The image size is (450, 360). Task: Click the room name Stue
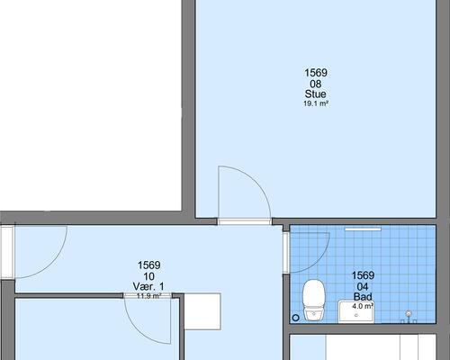315,94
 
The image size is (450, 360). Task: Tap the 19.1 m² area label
316,103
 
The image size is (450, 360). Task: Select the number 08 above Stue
316,84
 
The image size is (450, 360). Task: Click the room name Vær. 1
148,286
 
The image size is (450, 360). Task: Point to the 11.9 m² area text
149,296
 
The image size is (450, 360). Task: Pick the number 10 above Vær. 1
149,276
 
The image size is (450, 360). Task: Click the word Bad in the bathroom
363,297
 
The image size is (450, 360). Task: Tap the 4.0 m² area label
363,306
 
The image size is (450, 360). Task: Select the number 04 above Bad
363,287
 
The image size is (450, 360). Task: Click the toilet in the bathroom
314,300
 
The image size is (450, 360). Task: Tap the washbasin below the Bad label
356,312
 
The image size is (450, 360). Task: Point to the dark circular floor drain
295,318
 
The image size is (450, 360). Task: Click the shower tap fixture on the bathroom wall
409,317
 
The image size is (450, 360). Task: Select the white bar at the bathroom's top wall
363,229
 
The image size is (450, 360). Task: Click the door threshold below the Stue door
245,221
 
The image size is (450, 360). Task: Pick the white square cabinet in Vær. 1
202,311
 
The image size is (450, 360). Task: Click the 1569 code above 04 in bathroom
363,275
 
